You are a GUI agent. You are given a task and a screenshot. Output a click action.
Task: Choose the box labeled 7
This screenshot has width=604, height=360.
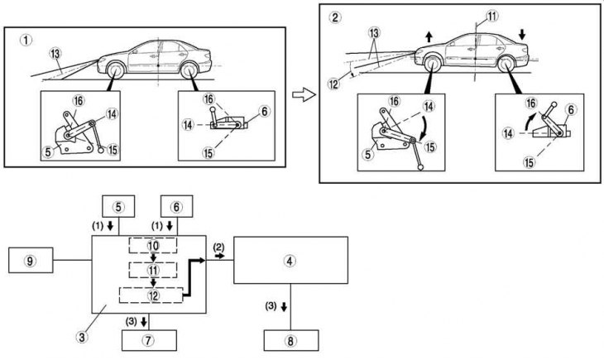[150, 340]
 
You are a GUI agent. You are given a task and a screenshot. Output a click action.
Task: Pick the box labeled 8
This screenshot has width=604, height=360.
[290, 340]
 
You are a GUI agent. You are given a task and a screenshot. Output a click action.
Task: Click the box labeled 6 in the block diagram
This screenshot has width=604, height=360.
[177, 208]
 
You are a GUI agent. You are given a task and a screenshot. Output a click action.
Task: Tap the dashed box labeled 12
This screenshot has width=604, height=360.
[154, 295]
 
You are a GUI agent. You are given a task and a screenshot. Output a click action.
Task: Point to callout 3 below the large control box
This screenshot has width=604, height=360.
[82, 338]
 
